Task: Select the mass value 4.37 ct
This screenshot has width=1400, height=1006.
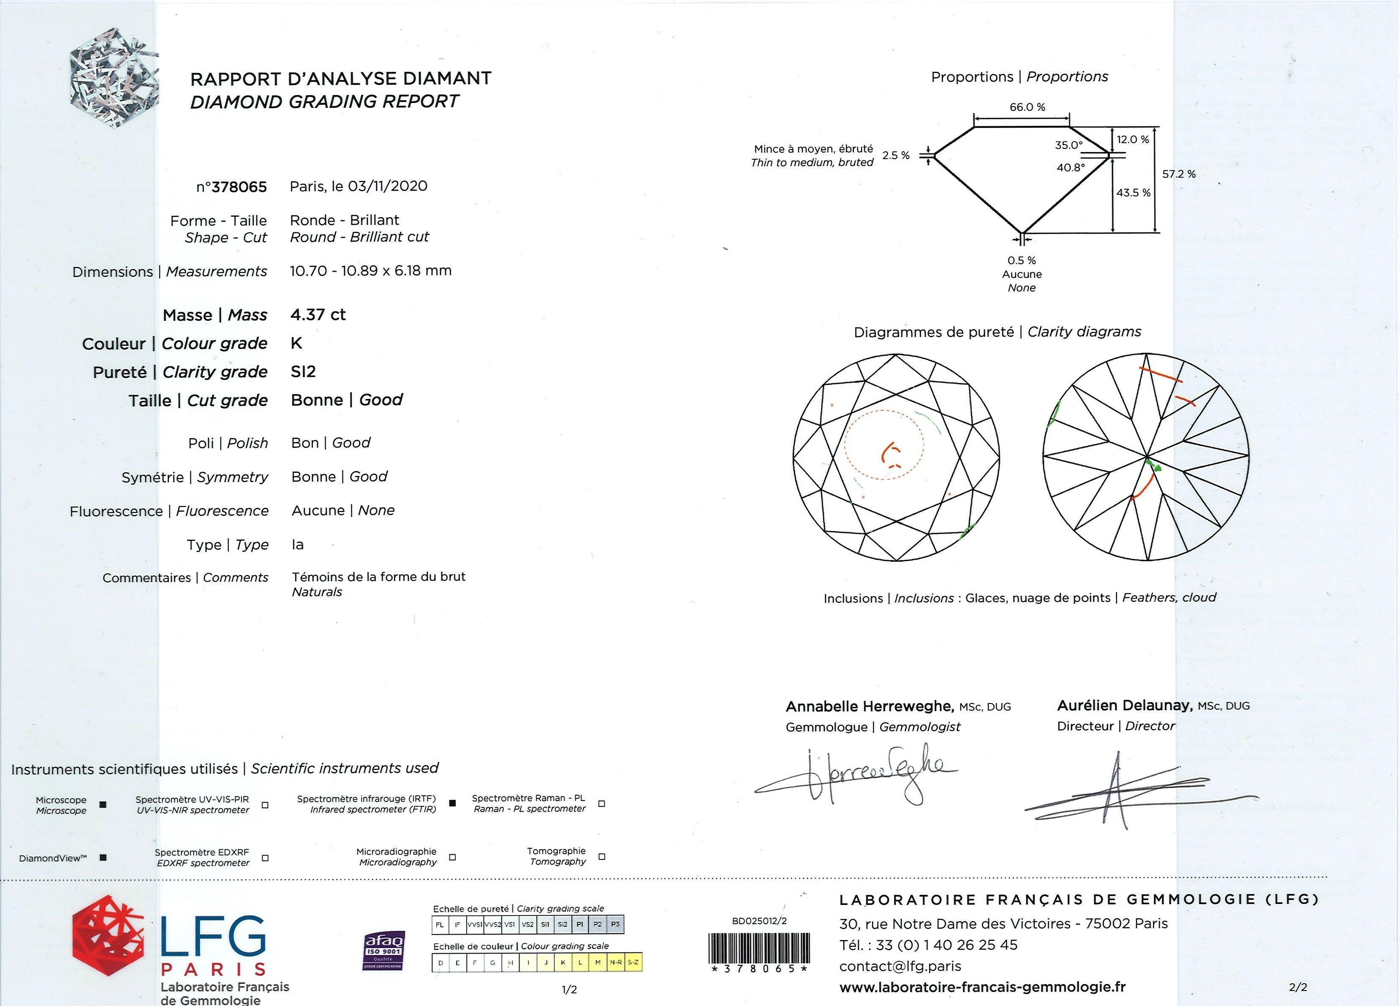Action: [x=318, y=315]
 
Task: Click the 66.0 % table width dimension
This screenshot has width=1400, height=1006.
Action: [x=1027, y=107]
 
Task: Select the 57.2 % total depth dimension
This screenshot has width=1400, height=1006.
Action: [x=1178, y=174]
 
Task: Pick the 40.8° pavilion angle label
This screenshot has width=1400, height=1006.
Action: [x=1070, y=167]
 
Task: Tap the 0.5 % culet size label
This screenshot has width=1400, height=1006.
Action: [x=1022, y=261]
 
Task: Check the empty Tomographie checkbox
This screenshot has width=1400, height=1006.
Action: [x=602, y=856]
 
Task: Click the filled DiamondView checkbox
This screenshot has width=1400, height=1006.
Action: [x=103, y=858]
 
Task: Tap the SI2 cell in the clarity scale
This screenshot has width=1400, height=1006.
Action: [x=563, y=924]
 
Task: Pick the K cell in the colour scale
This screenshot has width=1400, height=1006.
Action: [x=563, y=962]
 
